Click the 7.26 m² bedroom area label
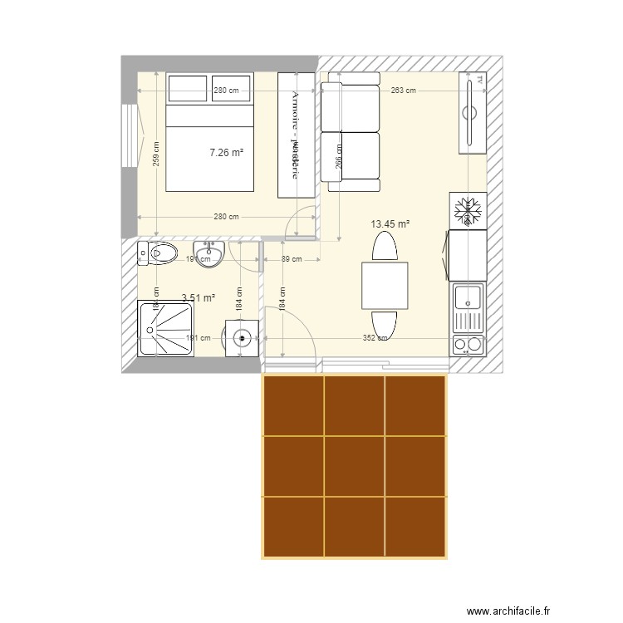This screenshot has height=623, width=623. [x=226, y=152]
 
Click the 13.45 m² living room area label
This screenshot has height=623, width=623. [x=392, y=223]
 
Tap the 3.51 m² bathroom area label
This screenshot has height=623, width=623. [x=198, y=297]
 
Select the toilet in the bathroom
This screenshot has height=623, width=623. [x=158, y=253]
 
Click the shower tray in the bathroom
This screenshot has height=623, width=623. [x=166, y=329]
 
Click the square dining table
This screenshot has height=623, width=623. [x=385, y=285]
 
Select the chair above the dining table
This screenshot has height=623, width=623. [x=385, y=248]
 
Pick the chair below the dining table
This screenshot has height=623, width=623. [x=385, y=323]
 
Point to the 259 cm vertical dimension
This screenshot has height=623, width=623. [x=156, y=153]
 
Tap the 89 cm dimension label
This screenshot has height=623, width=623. [x=292, y=260]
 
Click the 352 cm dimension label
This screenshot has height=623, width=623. [x=375, y=338]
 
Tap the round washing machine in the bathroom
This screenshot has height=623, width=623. [x=242, y=339]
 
